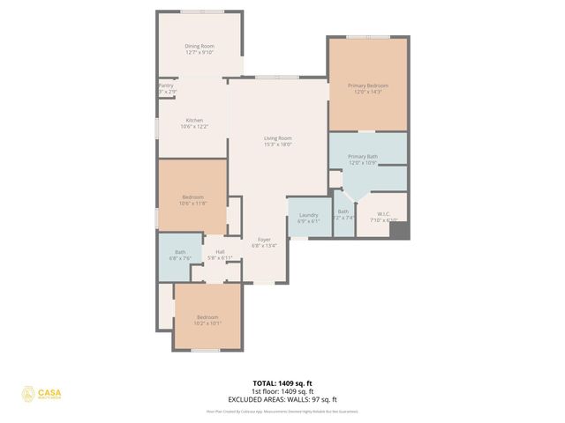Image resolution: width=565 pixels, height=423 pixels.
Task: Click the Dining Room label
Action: tap(200, 46)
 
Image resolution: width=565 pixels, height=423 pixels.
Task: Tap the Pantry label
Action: tap(166, 85)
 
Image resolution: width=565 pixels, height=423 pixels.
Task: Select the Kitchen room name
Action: tap(194, 120)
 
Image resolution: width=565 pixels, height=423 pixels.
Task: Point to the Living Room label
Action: tap(277, 137)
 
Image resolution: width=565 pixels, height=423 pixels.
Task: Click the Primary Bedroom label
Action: tap(367, 85)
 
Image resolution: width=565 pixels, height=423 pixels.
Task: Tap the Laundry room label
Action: tap(308, 214)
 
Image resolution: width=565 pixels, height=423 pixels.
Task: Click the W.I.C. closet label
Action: tap(383, 213)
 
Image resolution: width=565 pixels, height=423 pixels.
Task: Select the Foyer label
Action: tap(264, 240)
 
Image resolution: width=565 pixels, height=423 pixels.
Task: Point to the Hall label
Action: tap(219, 252)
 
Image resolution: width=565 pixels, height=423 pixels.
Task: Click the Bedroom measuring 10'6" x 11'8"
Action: tap(193, 197)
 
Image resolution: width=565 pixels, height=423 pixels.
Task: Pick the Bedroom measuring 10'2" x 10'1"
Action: tap(207, 316)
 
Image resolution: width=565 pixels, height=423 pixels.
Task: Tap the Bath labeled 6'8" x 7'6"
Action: tap(180, 253)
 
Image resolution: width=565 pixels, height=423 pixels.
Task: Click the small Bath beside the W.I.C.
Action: tap(343, 211)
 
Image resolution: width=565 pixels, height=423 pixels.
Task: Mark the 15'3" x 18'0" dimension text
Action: tap(277, 145)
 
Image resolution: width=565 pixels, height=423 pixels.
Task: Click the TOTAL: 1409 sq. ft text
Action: tap(282, 383)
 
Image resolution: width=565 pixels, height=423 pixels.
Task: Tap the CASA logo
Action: tap(41, 394)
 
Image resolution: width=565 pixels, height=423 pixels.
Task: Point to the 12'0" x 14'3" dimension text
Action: tap(367, 92)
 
